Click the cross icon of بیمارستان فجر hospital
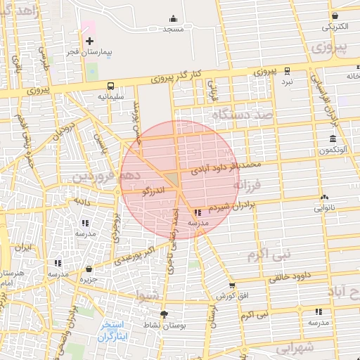click(89, 41)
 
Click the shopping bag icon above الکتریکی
click(335, 16)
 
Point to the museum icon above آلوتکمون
click(332, 139)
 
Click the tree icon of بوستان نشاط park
click(164, 314)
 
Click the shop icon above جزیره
click(89, 269)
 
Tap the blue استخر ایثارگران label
click(111, 330)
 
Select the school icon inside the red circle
click(198, 212)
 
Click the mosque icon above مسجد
click(173, 19)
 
